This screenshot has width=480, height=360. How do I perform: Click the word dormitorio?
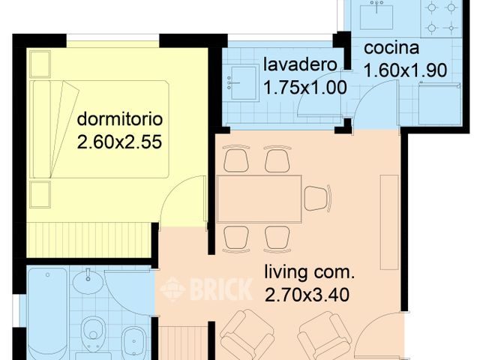(119, 119)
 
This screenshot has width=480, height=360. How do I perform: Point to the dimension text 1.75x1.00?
(304, 87)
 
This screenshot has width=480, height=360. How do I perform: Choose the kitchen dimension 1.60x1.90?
(405, 70)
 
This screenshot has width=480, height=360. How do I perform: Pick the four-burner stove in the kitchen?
(441, 19)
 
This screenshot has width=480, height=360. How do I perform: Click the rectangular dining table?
(259, 199)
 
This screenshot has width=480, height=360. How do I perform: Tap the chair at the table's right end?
(316, 199)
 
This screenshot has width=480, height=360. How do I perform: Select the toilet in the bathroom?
(93, 330)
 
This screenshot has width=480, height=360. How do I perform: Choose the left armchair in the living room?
(247, 334)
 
